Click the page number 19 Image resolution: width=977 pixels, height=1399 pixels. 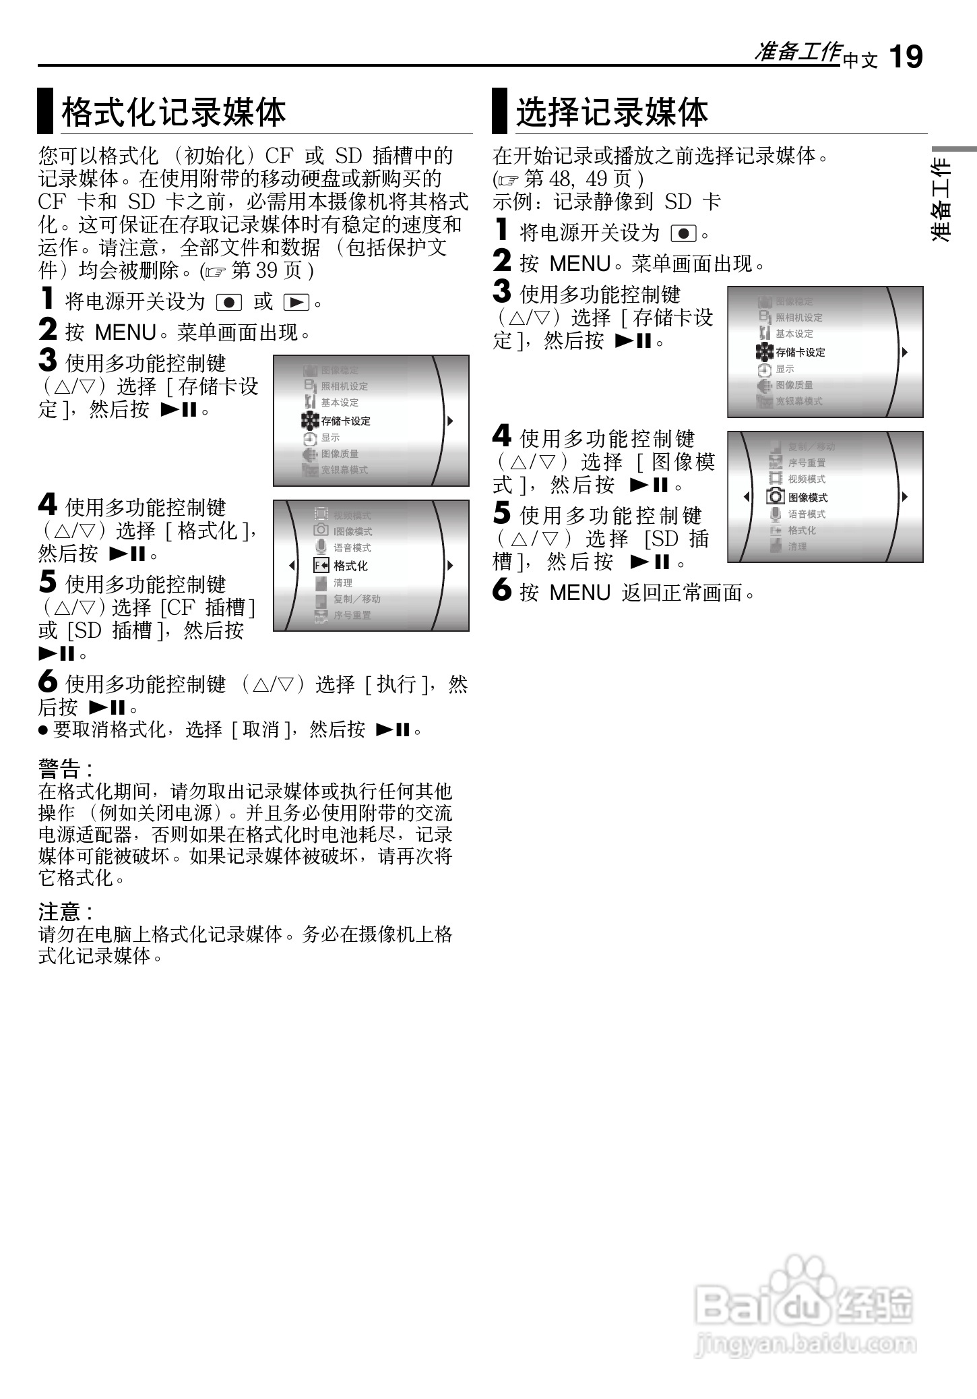(x=906, y=57)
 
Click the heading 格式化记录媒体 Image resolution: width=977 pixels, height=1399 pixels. (x=174, y=112)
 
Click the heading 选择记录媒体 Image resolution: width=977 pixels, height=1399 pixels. (x=612, y=112)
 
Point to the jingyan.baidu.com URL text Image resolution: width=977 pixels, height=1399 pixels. (x=805, y=1346)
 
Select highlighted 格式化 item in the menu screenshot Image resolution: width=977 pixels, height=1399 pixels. (x=350, y=566)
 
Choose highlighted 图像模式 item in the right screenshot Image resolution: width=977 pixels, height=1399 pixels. (x=808, y=498)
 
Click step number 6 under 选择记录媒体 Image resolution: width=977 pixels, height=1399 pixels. (x=502, y=591)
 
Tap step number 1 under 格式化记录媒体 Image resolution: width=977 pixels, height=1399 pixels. (x=47, y=299)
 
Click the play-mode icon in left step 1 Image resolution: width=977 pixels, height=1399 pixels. (x=296, y=303)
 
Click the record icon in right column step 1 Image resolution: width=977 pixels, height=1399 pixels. (x=683, y=234)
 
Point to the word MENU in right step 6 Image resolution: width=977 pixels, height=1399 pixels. (x=579, y=593)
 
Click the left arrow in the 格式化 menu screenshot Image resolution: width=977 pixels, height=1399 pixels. (x=292, y=565)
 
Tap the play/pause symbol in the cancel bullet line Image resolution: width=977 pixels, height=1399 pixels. (x=393, y=730)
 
